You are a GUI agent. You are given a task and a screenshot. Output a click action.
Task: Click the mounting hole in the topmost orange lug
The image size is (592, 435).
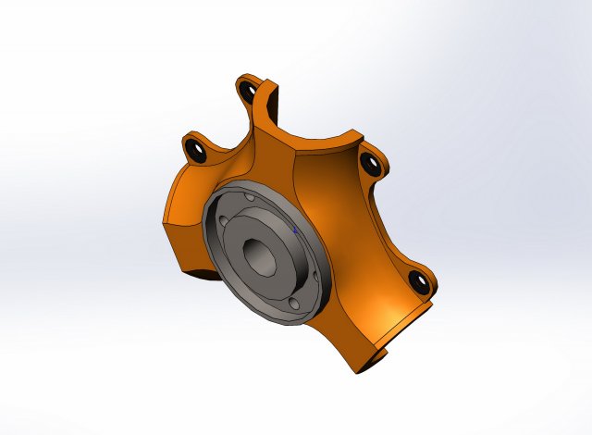(246, 92)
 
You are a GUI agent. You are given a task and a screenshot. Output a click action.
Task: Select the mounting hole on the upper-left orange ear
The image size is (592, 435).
(195, 148)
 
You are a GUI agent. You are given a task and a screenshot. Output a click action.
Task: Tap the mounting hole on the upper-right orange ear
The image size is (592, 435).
(371, 166)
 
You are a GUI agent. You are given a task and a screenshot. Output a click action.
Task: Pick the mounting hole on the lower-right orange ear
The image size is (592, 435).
(417, 280)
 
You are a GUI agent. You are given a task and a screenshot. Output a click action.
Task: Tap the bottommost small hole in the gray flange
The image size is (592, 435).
(293, 304)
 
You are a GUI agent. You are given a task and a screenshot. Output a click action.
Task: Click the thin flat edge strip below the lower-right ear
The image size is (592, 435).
(407, 319)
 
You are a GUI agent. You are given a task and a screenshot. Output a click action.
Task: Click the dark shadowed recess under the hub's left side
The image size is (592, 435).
(209, 274)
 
